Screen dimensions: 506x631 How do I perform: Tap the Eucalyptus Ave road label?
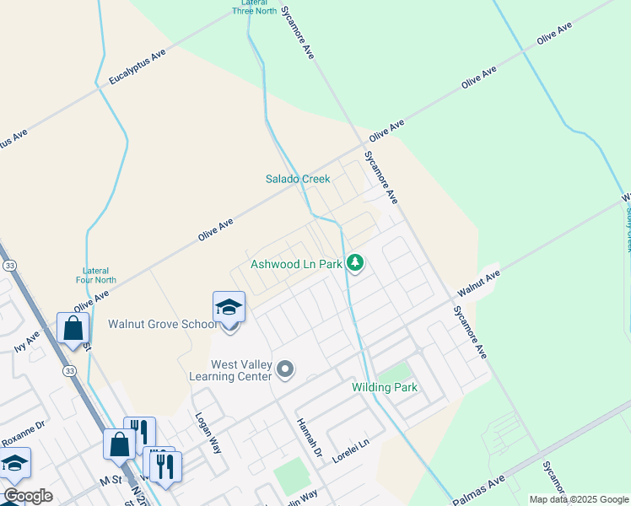(x=138, y=67)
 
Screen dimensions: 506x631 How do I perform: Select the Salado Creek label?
(x=298, y=179)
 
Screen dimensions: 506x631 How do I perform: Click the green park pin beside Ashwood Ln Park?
(x=356, y=263)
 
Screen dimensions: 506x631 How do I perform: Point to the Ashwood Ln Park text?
(x=296, y=264)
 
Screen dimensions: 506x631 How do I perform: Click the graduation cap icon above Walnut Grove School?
(x=229, y=308)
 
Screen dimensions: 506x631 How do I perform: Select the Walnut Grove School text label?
(x=159, y=324)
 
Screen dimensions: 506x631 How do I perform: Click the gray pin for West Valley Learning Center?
(x=286, y=369)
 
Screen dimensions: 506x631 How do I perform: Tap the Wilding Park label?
(x=385, y=387)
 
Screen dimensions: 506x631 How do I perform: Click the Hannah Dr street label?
(x=309, y=438)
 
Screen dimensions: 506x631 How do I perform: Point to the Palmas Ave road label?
(x=477, y=487)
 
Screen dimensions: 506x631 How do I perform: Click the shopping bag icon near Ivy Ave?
(x=73, y=329)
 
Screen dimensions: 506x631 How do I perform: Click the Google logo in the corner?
(x=28, y=496)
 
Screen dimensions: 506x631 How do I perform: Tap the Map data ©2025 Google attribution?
(x=578, y=499)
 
